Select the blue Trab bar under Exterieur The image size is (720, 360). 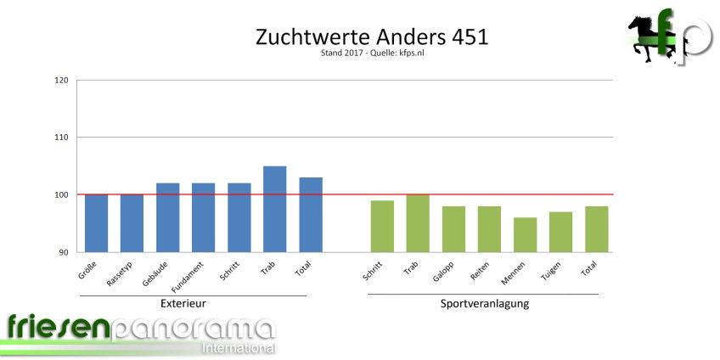tap(274, 209)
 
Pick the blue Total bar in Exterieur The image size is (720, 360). tap(310, 215)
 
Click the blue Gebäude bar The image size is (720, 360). tap(167, 217)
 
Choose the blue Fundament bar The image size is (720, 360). tap(203, 217)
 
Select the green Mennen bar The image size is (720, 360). tap(525, 234)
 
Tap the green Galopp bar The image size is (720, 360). tap(453, 228)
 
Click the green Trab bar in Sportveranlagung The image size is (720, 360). tap(418, 223)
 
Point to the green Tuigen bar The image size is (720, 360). tap(560, 232)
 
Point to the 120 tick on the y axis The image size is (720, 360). tap(61, 81)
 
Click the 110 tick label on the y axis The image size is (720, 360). tap(61, 138)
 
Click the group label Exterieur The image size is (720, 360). tap(183, 303)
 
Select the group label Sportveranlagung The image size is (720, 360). tap(485, 303)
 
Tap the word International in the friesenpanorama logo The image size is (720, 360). tap(238, 348)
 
